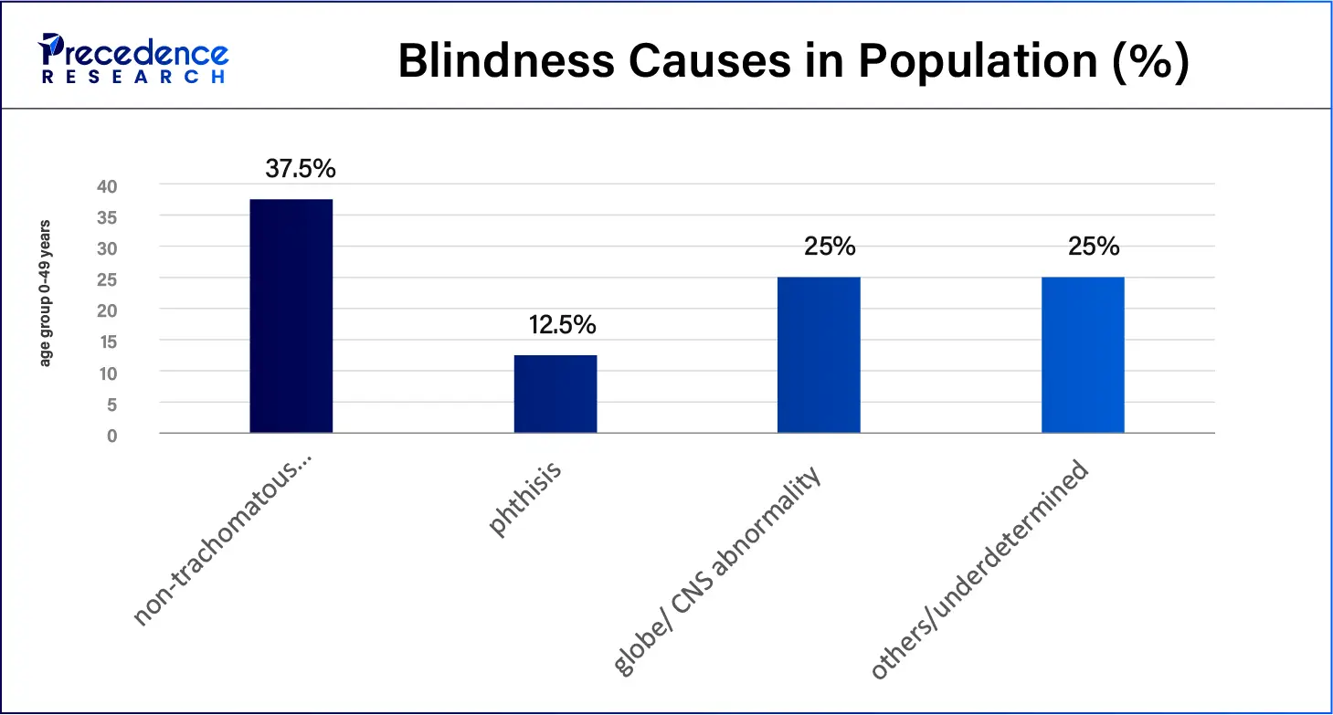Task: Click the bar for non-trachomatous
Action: coord(291,316)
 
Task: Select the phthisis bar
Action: coord(555,394)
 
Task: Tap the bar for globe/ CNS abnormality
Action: coord(819,354)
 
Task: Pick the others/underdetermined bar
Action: coord(1083,354)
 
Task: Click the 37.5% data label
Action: coord(301,169)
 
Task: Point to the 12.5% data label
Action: coord(562,325)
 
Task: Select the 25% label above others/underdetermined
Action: coord(1093,247)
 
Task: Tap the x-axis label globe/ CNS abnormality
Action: coord(718,571)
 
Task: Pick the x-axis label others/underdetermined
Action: coord(980,571)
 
